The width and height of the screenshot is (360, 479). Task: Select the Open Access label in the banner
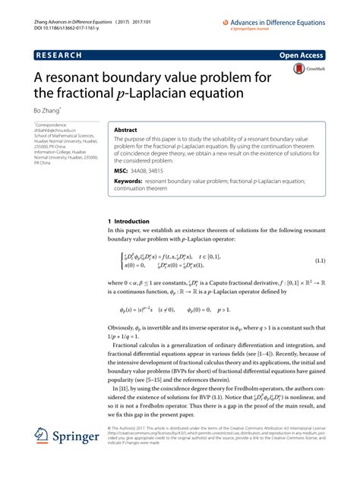tap(302, 55)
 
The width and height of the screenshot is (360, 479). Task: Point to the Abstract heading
tap(126, 130)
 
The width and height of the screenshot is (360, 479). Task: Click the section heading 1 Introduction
tap(130, 222)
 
